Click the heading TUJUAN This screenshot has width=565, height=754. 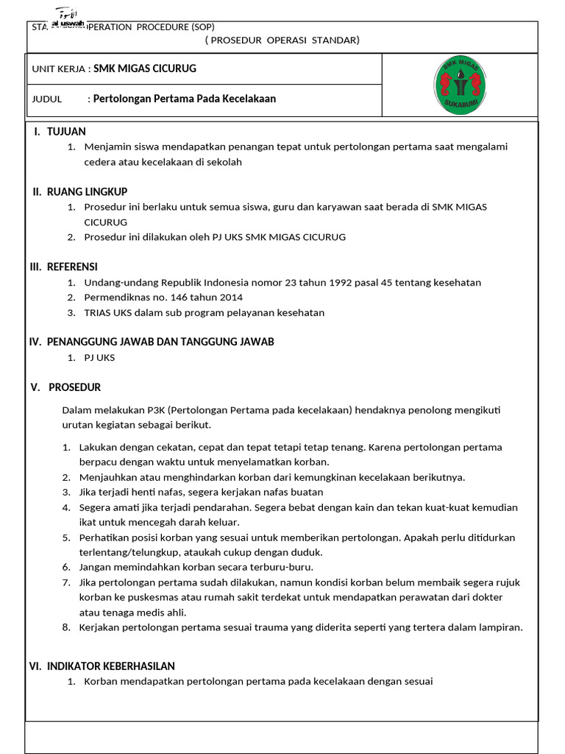pos(66,131)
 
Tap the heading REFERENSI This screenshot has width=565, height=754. pos(72,267)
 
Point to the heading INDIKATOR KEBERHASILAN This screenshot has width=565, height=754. pos(110,666)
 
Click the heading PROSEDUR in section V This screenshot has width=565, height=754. pos(74,387)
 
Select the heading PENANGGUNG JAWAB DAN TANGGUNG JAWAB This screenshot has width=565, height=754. pos(160,342)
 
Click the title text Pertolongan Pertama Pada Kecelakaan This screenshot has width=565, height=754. pos(185,99)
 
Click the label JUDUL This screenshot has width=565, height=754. pos(46,99)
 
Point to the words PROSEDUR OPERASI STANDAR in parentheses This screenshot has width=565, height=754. pos(282,40)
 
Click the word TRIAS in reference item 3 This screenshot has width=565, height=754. pos(98,312)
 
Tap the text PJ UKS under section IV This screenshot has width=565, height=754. pos(99,358)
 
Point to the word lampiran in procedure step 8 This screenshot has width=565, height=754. pos(500,627)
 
